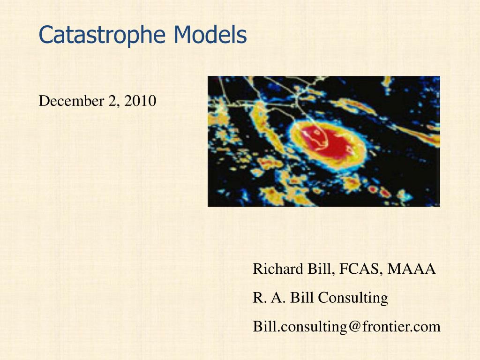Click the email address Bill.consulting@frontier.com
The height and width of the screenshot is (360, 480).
(346, 327)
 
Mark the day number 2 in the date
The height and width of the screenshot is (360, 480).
(112, 101)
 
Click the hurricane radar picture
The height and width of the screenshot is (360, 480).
(323, 141)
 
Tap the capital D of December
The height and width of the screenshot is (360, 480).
(44, 101)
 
